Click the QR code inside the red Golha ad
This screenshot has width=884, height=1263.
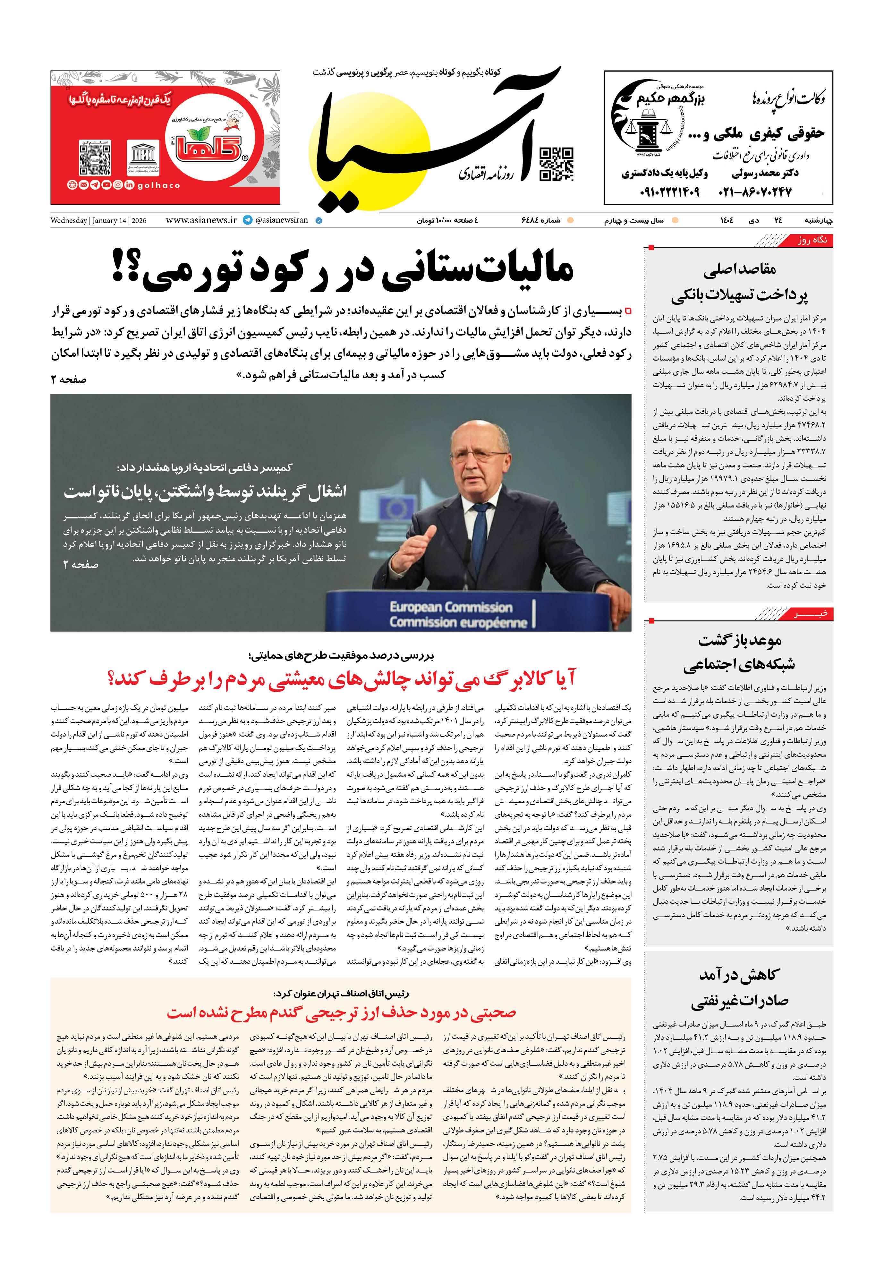[x=95, y=158]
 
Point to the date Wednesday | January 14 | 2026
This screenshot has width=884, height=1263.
[x=98, y=221]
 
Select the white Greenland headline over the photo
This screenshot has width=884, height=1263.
[x=205, y=491]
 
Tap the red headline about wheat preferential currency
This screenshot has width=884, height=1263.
[x=341, y=1013]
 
